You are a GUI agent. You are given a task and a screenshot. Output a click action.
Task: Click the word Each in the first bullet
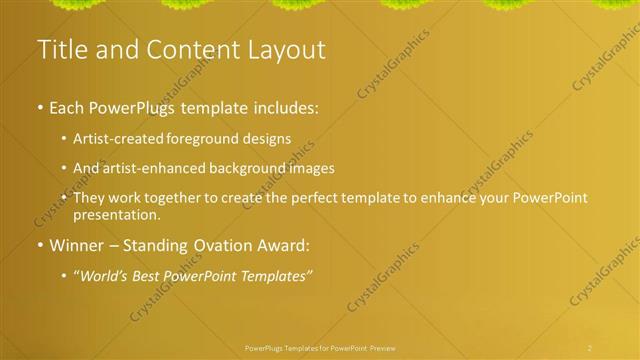tap(67, 107)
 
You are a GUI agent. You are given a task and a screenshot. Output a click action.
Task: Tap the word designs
tap(264, 139)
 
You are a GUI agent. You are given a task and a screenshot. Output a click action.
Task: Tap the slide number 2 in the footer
tap(590, 347)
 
